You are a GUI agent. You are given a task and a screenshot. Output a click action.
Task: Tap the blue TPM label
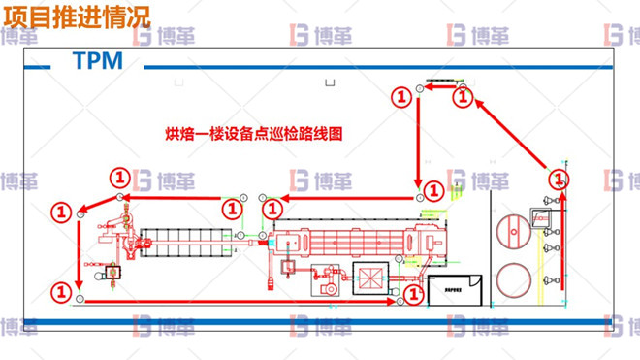coord(97,61)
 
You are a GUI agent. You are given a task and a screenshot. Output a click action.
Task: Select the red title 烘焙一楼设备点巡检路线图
coord(256,133)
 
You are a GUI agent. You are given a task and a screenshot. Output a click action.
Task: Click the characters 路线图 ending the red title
coord(326,133)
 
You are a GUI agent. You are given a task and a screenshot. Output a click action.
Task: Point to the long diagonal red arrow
coord(508,136)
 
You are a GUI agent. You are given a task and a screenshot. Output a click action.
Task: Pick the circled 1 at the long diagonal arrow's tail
coord(559,179)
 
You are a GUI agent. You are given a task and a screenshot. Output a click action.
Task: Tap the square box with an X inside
coord(369,278)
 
